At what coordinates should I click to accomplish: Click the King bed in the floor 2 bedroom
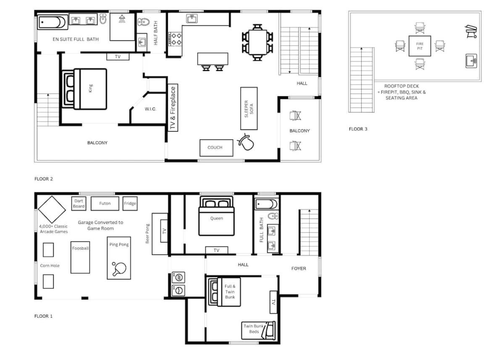click(x=84, y=89)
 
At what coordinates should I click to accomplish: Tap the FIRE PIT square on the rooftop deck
click(x=420, y=46)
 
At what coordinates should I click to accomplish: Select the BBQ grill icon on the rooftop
click(x=471, y=31)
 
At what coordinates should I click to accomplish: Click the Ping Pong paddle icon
click(x=119, y=269)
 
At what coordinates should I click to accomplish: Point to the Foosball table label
click(x=80, y=248)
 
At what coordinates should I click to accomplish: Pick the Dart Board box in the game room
click(x=79, y=204)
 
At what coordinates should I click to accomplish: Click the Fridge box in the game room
click(x=130, y=204)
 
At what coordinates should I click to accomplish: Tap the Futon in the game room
click(x=105, y=204)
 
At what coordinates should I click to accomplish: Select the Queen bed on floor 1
click(x=216, y=216)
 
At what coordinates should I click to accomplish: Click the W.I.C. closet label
click(x=150, y=109)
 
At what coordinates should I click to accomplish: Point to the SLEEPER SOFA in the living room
click(x=249, y=108)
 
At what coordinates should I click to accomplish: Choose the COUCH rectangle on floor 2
click(x=216, y=148)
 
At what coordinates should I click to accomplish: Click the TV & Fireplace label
click(x=173, y=108)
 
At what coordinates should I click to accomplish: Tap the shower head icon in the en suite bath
click(x=122, y=18)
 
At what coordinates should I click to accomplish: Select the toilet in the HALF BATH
click(x=144, y=22)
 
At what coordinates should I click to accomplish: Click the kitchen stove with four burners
click(x=175, y=39)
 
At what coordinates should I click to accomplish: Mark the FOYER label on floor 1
click(x=299, y=268)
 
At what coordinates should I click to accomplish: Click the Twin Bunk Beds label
click(x=254, y=329)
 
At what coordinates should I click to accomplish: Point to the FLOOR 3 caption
click(x=358, y=129)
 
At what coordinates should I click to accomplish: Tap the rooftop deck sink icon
click(x=471, y=61)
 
